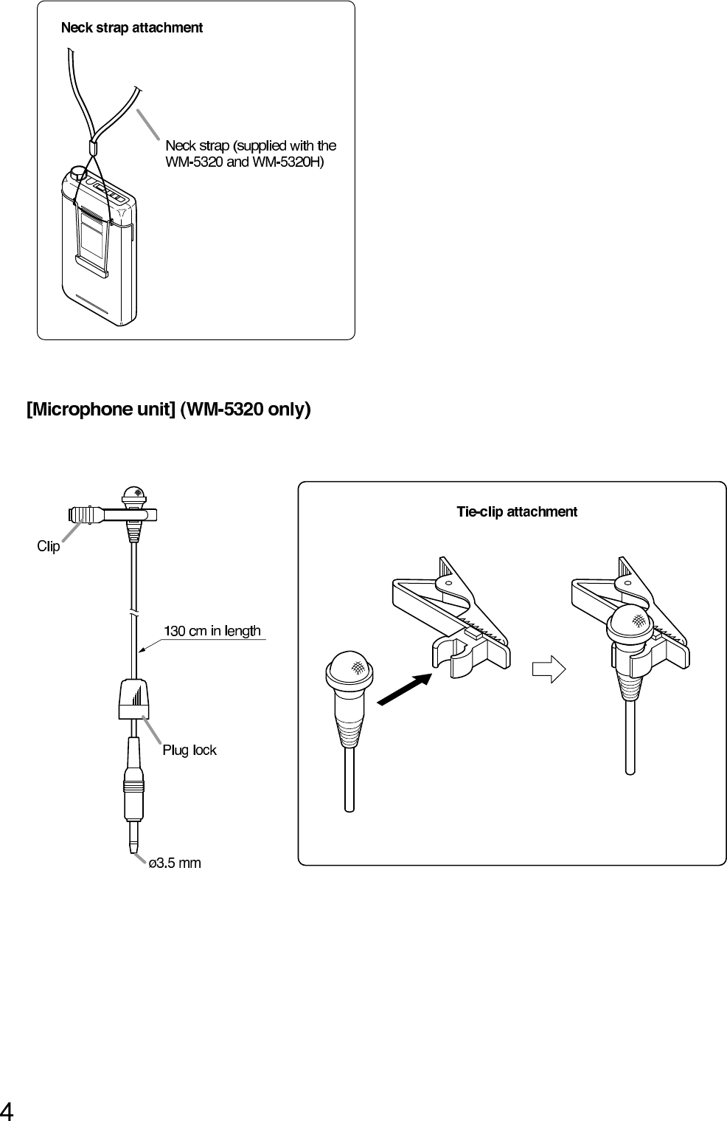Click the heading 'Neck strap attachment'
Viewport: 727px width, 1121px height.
(x=131, y=28)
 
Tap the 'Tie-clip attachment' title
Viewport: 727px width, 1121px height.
(x=516, y=511)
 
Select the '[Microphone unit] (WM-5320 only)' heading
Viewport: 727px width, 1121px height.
(x=169, y=409)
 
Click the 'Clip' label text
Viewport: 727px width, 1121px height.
(x=49, y=547)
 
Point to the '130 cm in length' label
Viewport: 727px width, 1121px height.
(x=212, y=631)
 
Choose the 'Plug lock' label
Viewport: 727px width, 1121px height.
(x=189, y=751)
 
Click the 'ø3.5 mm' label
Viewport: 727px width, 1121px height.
(x=175, y=863)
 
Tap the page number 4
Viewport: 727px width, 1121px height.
(x=7, y=1110)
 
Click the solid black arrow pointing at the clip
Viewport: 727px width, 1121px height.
(x=403, y=689)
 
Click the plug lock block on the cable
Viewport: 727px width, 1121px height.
(x=134, y=698)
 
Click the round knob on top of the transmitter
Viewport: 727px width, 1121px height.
(x=77, y=174)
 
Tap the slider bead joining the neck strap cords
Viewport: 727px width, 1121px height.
(x=93, y=148)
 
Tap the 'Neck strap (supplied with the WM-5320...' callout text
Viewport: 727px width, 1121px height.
(x=251, y=154)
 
